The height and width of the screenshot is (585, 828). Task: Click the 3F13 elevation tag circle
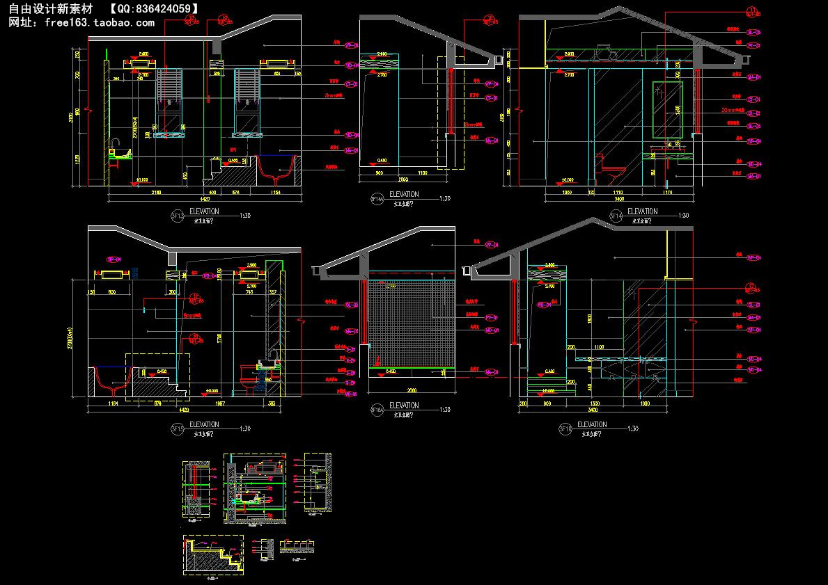click(178, 216)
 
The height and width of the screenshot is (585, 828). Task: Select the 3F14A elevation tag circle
click(377, 199)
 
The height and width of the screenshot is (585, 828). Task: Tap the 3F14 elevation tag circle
click(616, 216)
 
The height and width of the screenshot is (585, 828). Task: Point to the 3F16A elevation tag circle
click(377, 409)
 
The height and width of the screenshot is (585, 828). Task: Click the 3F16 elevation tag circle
click(565, 429)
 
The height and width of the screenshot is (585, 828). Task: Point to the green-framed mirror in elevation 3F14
click(664, 111)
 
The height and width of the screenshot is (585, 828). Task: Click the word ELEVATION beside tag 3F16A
click(404, 406)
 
